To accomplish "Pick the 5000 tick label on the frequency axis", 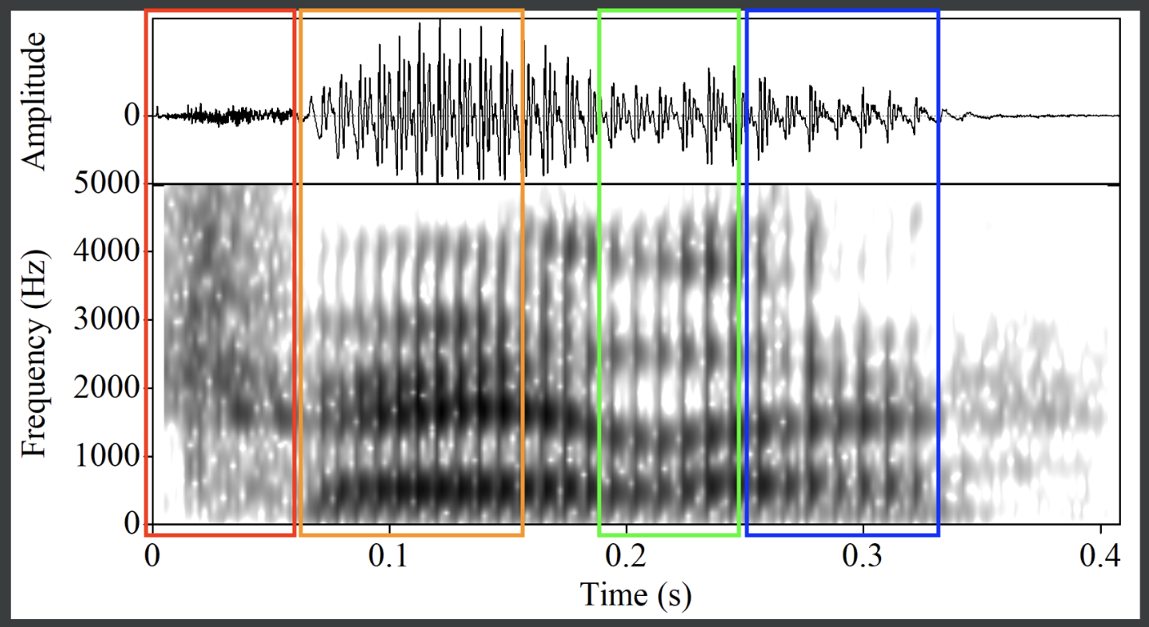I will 109,184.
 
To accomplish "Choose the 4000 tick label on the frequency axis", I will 109,252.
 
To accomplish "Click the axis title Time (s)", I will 635,593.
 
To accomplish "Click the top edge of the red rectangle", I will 220,11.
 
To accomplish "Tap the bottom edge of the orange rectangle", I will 412,534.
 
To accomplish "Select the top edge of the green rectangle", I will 669,11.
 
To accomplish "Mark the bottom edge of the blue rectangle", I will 842,534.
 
